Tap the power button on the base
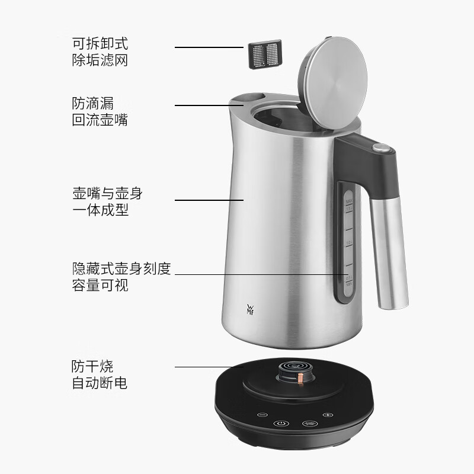coord(282,424)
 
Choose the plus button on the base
coord(327,414)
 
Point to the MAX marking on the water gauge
coord(349,202)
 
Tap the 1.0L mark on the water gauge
coord(349,243)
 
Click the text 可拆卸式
coord(100,44)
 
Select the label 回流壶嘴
coord(100,120)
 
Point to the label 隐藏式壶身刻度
coord(121,268)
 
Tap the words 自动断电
coord(100,383)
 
